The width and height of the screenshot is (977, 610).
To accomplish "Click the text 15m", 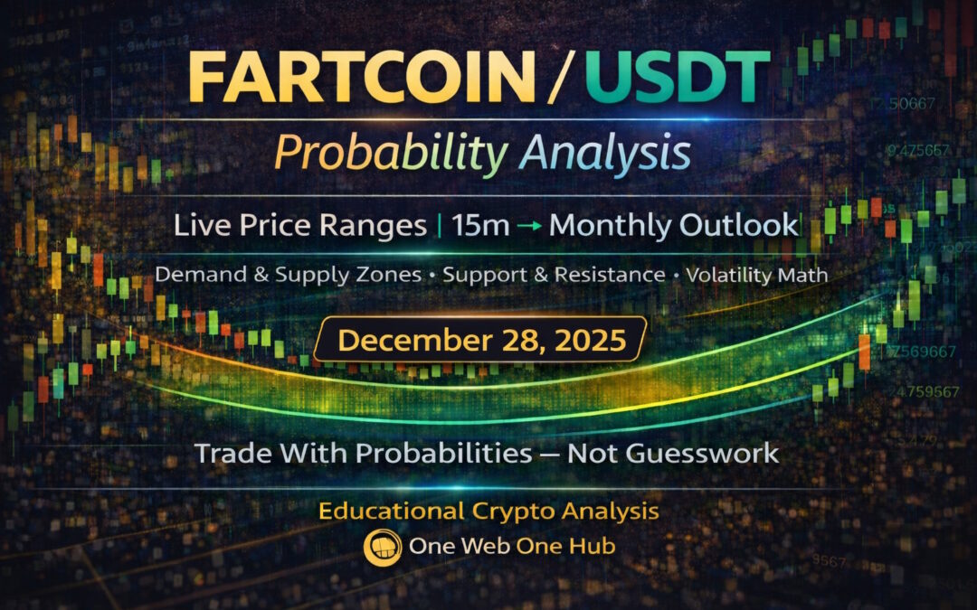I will (483, 225).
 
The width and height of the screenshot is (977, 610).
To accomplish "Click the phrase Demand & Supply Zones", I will (288, 274).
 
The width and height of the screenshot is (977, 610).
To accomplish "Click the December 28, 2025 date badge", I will (480, 340).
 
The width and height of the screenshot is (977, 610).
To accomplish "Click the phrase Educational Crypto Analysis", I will (488, 511).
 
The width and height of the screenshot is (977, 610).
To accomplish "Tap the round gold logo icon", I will (377, 548).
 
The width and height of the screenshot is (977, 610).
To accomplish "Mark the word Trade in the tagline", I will (231, 453).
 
